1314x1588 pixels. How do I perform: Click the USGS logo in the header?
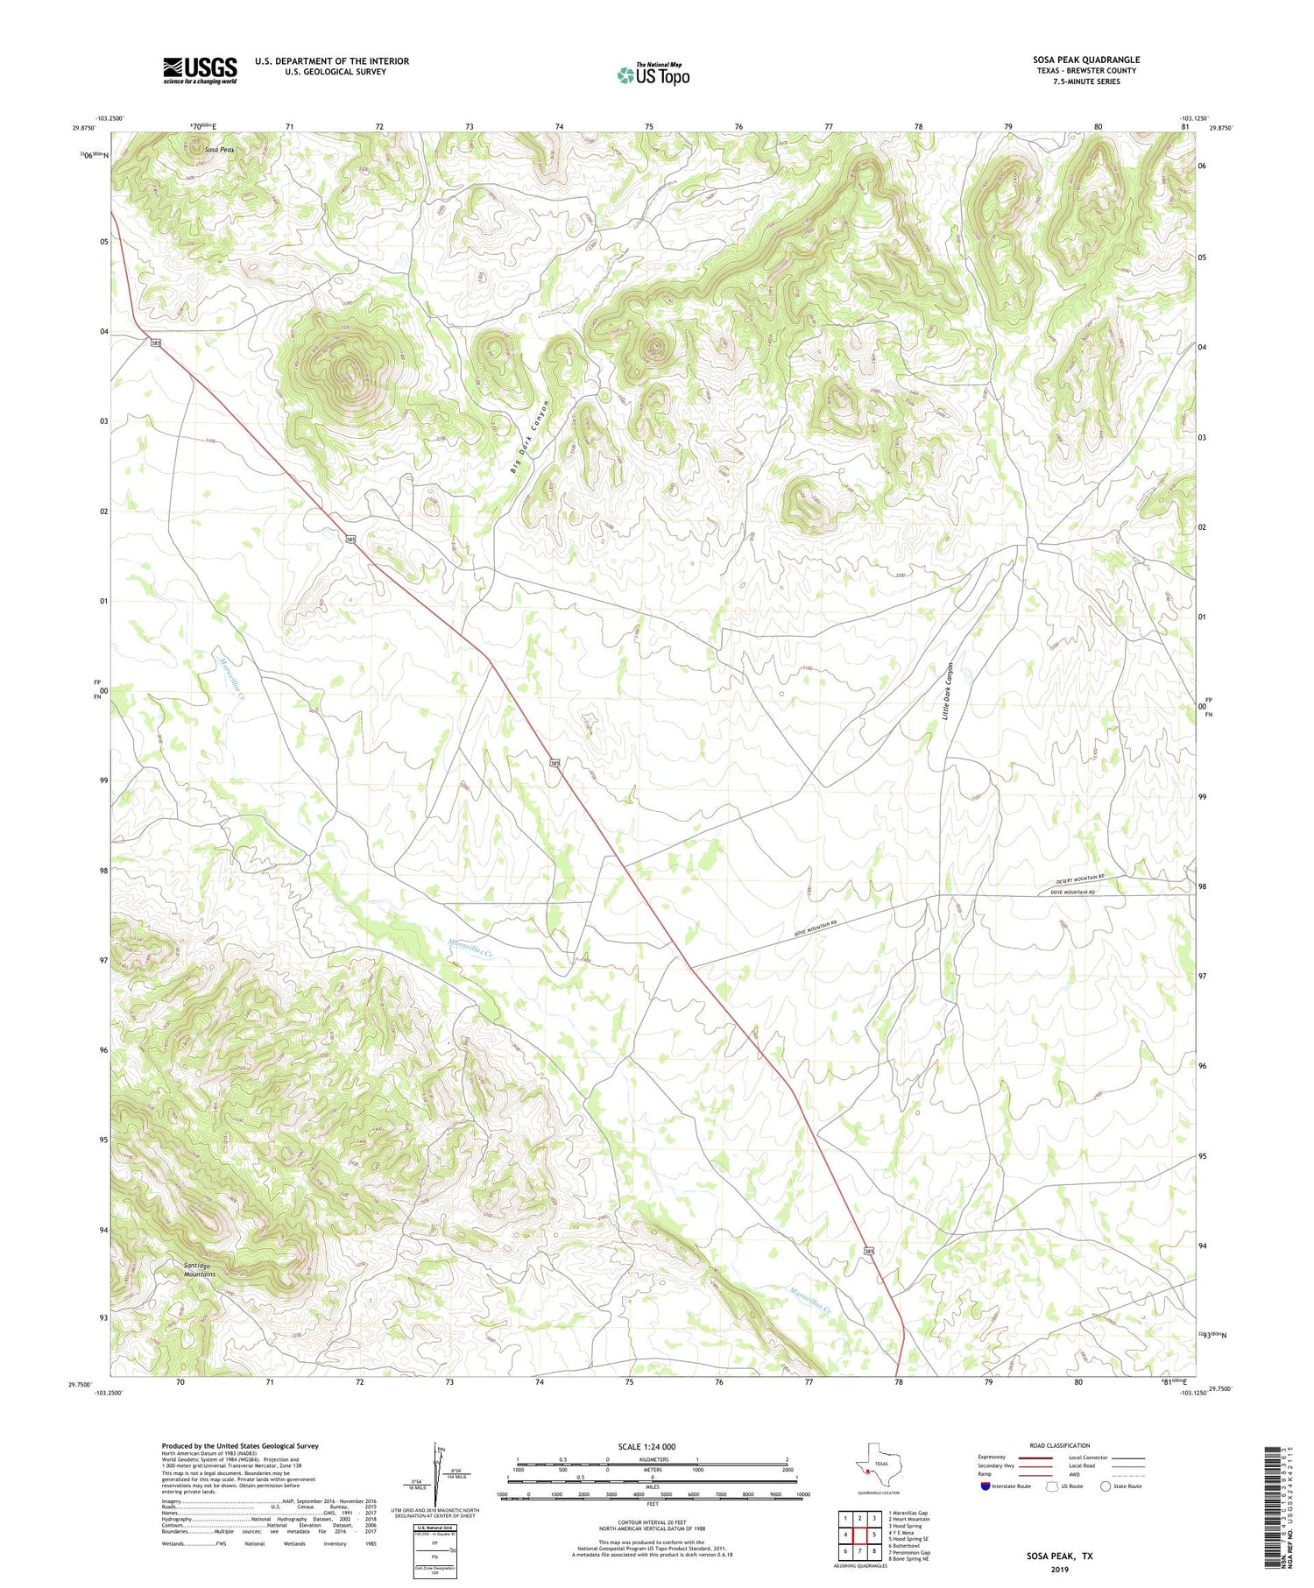pyautogui.click(x=200, y=70)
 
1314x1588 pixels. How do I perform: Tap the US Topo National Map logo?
pyautogui.click(x=653, y=74)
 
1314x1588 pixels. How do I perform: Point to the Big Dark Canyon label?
pyautogui.click(x=529, y=437)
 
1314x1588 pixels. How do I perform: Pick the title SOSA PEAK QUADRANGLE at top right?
pyautogui.click(x=1085, y=60)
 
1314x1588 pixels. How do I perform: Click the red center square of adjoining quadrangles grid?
pyautogui.click(x=859, y=1535)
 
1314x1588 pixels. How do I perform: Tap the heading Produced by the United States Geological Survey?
pyautogui.click(x=239, y=1446)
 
